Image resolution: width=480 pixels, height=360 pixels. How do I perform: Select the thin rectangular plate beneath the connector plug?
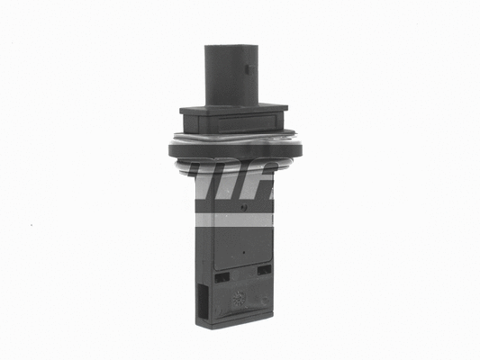tap(234, 109)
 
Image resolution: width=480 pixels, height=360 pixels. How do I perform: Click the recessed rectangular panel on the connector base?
tap(233, 122)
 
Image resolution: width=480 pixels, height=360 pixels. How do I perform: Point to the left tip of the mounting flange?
tap(168, 147)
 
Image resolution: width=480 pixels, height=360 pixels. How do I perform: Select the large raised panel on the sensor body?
tap(240, 243)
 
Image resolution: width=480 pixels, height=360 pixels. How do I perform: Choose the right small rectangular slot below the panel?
tap(263, 269)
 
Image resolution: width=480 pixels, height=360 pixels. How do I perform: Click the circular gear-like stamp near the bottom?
tap(239, 299)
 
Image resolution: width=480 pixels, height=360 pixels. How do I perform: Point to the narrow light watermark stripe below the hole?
tap(234, 219)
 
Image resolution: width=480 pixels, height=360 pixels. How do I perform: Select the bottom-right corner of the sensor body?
tap(272, 316)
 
